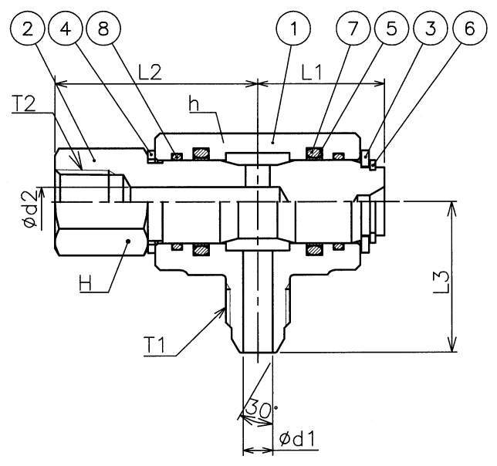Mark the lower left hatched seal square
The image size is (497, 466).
click(x=202, y=250)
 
